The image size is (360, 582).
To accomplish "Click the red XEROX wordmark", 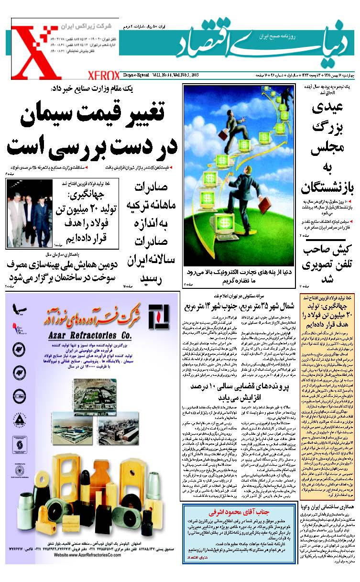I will (103, 76).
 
